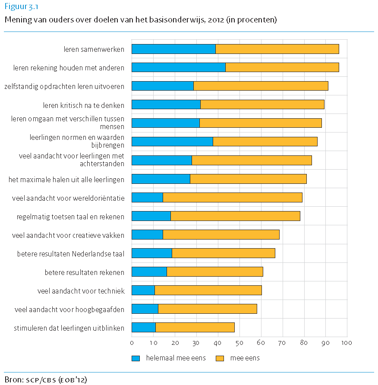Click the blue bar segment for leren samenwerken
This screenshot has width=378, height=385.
pyautogui.click(x=173, y=49)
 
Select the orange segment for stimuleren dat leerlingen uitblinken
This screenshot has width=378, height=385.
pyautogui.click(x=195, y=328)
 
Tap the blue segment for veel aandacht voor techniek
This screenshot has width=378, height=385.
pyautogui.click(x=143, y=290)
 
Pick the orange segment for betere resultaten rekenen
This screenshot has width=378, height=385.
pyautogui.click(x=215, y=272)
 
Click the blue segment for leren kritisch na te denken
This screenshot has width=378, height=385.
pyautogui.click(x=166, y=104)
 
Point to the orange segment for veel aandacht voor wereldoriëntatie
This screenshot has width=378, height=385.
pyautogui.click(x=233, y=198)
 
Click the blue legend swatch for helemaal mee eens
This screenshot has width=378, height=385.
pyautogui.click(x=136, y=358)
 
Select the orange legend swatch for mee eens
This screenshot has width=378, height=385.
pyautogui.click(x=220, y=358)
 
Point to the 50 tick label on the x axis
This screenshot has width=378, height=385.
pyautogui.click(x=239, y=343)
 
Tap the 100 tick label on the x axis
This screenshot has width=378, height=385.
pyautogui.click(x=347, y=343)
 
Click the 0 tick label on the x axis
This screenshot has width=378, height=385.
pyautogui.click(x=132, y=343)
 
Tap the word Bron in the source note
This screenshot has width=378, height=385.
pyautogui.click(x=13, y=380)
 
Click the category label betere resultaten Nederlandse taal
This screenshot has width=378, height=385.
pyautogui.click(x=71, y=254)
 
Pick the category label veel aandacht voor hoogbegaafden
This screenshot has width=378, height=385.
pyautogui.click(x=69, y=309)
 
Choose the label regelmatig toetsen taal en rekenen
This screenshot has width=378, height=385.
pyautogui.click(x=71, y=217)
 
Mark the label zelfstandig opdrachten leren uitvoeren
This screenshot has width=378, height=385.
pyautogui.click(x=64, y=86)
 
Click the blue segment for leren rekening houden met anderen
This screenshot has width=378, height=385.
pyautogui.click(x=179, y=67)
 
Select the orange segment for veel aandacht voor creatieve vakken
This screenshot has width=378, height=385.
pyautogui.click(x=221, y=235)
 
